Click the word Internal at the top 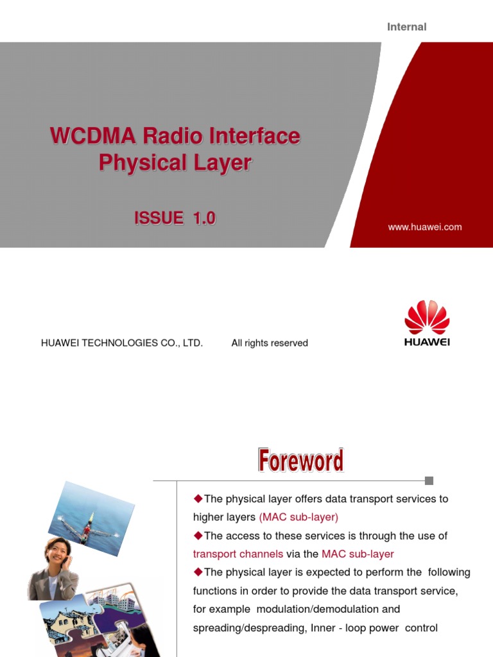tap(406, 27)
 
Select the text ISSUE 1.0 tap(175, 218)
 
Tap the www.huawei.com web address tap(424, 227)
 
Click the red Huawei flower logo tap(427, 317)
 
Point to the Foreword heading tap(300, 461)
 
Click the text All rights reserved tap(270, 343)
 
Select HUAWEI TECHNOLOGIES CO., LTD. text tap(122, 343)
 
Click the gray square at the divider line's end tap(429, 481)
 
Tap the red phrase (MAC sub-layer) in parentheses tap(298, 517)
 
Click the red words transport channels tap(238, 554)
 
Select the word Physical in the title tap(133, 163)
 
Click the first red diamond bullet tap(198, 499)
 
